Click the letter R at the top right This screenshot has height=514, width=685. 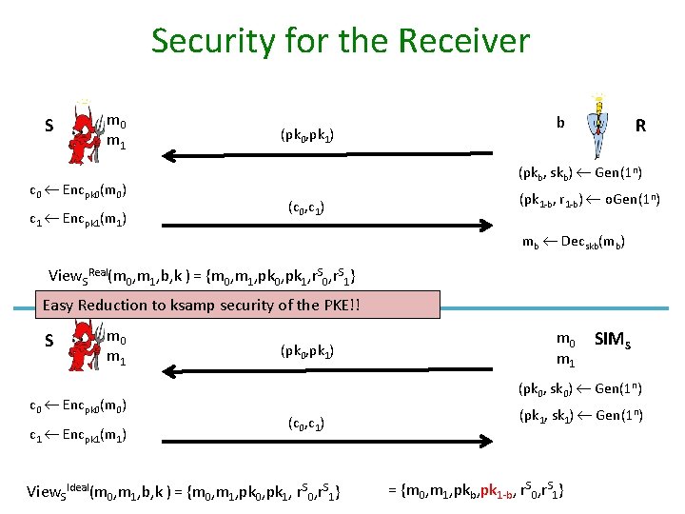point(641,126)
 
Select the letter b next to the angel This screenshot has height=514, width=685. point(561,123)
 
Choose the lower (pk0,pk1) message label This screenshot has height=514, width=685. point(306,351)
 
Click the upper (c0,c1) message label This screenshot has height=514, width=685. point(306,207)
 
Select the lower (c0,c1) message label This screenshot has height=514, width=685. point(306,424)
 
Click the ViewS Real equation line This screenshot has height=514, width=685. point(203,277)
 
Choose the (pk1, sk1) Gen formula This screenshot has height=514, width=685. point(580,415)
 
